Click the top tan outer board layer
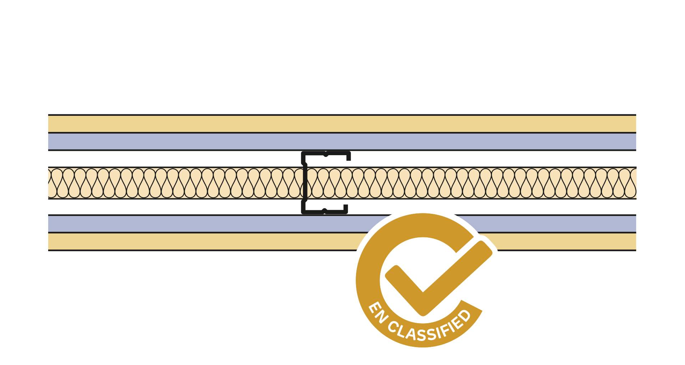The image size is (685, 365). click(x=342, y=124)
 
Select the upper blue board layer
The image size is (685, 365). click(x=342, y=142)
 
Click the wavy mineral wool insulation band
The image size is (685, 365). click(x=342, y=183)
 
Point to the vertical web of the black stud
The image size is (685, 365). click(x=304, y=183)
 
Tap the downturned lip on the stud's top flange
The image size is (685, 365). click(x=349, y=156)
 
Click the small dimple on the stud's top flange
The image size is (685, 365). click(x=326, y=155)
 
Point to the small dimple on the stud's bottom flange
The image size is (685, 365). click(x=325, y=210)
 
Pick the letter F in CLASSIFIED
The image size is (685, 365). click(x=445, y=331)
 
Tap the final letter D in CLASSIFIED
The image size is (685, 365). click(x=465, y=316)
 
